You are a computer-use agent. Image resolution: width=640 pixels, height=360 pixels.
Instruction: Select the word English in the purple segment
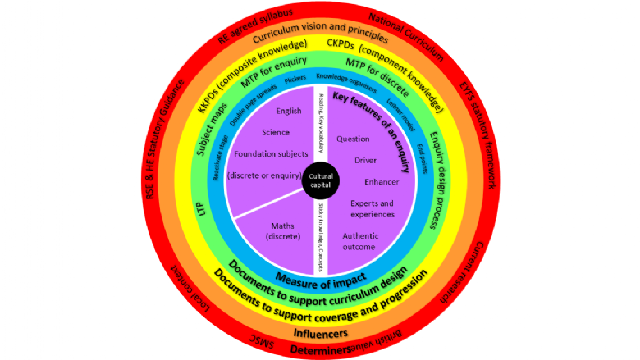coord(289,111)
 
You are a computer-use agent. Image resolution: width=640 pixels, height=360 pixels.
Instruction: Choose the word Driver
coord(365,160)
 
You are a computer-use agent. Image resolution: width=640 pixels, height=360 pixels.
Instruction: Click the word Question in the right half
coord(353,139)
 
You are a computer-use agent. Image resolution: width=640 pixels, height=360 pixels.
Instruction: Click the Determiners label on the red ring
coord(320,350)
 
